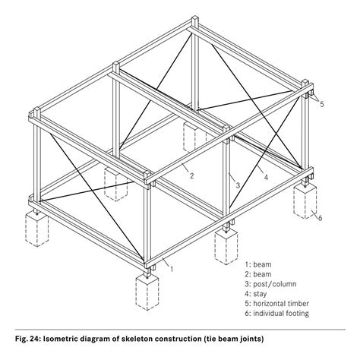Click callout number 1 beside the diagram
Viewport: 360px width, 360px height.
tap(173, 267)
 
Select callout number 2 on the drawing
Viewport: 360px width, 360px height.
tap(191, 175)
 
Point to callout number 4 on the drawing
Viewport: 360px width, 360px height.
tap(265, 178)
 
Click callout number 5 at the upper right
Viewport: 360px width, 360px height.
tap(321, 104)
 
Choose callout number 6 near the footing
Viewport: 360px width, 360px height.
tap(320, 219)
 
